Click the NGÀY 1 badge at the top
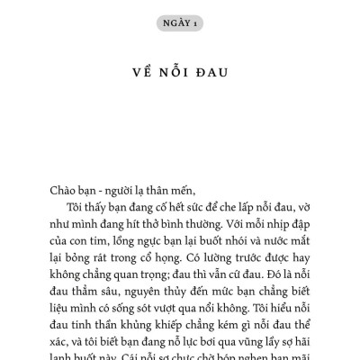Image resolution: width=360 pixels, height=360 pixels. click(180, 22)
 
